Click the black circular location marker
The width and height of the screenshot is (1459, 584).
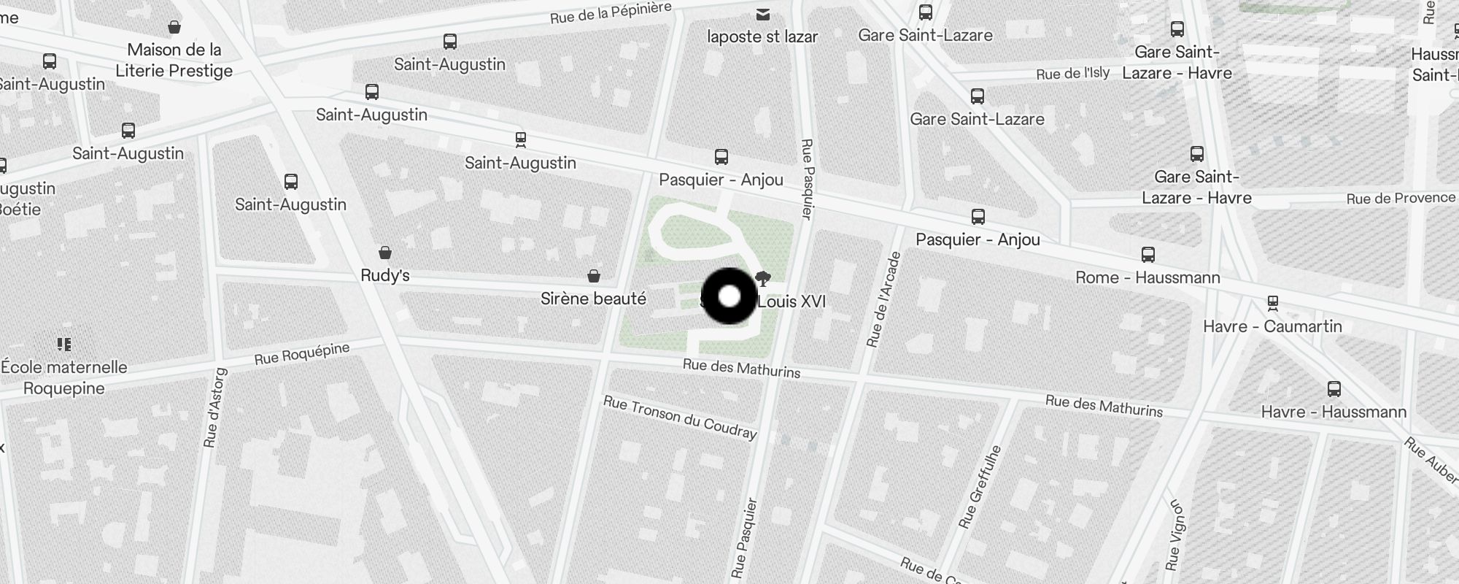729,296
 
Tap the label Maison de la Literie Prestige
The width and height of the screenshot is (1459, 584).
174,61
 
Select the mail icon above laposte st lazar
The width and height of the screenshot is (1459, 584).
762,15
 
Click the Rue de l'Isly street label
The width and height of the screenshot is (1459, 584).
1072,73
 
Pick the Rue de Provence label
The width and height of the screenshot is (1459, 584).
1401,199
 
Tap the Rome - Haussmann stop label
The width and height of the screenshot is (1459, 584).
1148,277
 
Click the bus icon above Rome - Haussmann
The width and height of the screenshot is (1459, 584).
1148,255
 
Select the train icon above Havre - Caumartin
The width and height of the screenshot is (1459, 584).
1273,302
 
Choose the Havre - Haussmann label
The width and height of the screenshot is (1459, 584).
1334,412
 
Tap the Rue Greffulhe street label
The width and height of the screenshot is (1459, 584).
980,486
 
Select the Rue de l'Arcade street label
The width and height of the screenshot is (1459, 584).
884,299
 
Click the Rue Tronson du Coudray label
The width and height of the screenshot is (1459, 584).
680,418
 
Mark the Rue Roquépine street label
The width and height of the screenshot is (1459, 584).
302,354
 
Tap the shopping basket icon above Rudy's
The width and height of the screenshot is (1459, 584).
385,253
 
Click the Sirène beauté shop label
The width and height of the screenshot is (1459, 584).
593,299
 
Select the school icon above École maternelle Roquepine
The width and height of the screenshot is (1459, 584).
64,344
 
